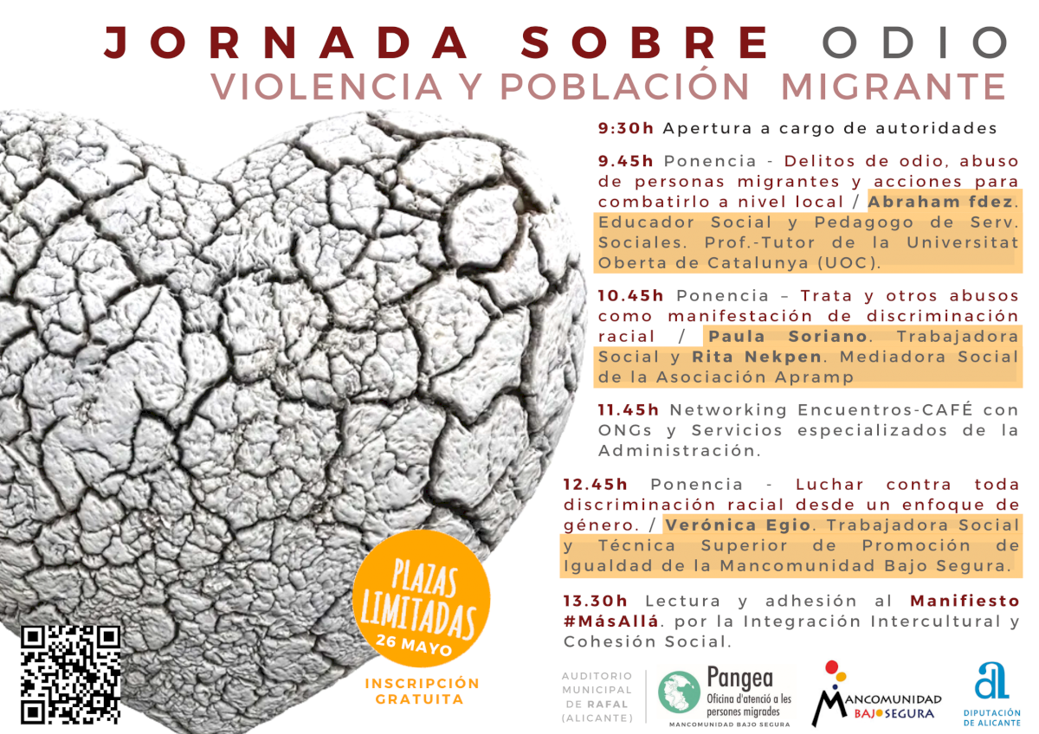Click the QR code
coord(70,673)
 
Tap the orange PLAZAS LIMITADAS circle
coord(422,601)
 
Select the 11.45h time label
coord(629,409)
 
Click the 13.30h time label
coord(595,601)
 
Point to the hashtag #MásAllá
coord(610,621)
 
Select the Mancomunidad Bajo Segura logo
coord(875,693)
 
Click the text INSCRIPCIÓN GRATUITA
coord(422,692)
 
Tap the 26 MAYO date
coord(414,645)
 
